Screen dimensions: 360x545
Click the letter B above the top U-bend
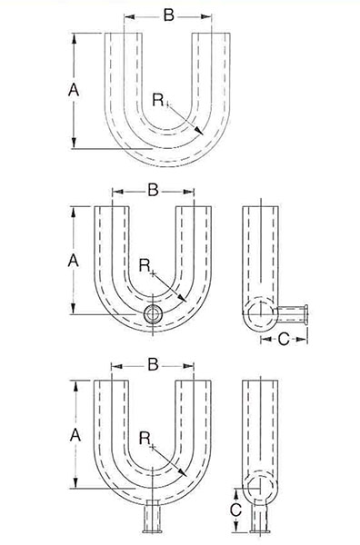pos(169,15)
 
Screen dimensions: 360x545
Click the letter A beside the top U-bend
pos(74,90)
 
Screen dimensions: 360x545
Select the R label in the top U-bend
pos(158,100)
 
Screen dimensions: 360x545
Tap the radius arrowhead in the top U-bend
pos(198,130)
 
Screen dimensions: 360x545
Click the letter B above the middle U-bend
pos(153,190)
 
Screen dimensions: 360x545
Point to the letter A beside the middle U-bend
pos(74,261)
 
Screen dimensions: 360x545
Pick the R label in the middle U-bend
pos(145,266)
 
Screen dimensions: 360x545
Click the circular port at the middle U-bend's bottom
pos(153,314)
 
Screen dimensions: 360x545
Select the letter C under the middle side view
pos(284,339)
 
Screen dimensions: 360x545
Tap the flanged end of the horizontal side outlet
pos(306,314)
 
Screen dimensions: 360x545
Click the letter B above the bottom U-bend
pos(153,364)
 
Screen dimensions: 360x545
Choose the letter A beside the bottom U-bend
pos(75,435)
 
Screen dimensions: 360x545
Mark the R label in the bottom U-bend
pos(145,439)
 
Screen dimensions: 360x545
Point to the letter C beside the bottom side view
pos(235,510)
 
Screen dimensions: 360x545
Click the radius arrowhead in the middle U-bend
pos(183,298)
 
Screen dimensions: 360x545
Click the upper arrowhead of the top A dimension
pos(74,38)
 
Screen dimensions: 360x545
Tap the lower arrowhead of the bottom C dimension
pos(235,527)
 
